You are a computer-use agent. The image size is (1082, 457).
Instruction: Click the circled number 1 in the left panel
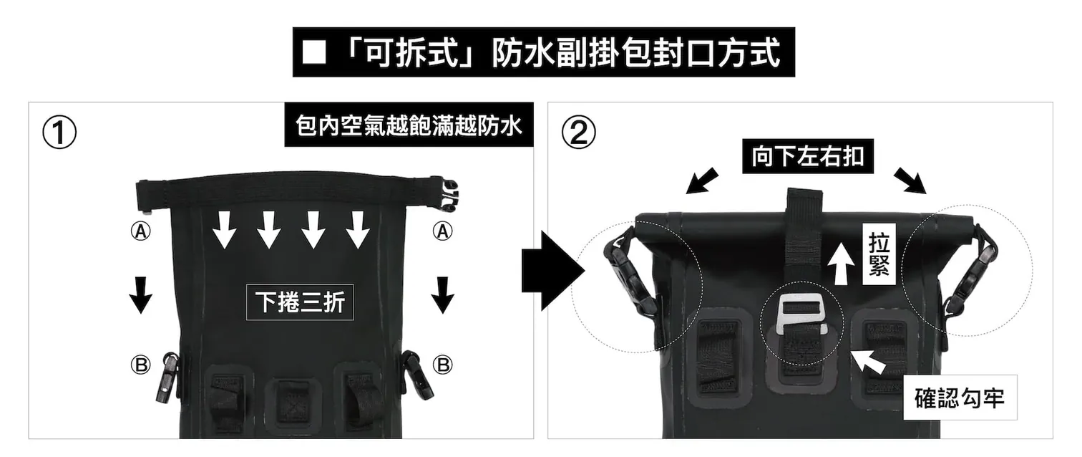(59, 134)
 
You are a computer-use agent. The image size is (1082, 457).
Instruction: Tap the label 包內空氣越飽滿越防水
(409, 127)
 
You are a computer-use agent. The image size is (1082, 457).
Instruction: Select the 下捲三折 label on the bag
(300, 302)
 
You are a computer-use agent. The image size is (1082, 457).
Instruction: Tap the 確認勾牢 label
(959, 398)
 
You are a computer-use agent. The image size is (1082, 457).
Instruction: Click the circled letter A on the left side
(141, 231)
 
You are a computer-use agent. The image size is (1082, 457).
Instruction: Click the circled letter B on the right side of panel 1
(443, 365)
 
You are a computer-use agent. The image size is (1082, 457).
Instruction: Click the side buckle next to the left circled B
(170, 375)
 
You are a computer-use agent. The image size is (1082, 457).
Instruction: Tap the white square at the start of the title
(313, 52)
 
